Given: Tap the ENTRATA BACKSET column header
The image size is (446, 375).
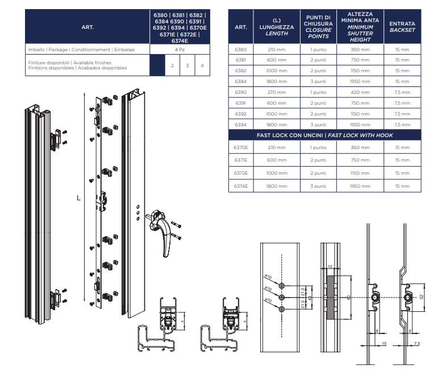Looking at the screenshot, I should (x=402, y=26).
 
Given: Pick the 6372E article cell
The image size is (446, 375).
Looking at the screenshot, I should (x=241, y=173).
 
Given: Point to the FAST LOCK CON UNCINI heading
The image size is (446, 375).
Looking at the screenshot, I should (x=324, y=135).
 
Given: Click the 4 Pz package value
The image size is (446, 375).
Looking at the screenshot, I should (x=179, y=51).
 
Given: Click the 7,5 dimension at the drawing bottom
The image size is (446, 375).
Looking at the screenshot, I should (x=418, y=344).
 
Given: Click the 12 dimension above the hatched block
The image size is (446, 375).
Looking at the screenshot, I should (x=329, y=266).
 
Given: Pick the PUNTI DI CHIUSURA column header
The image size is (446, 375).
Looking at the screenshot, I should (x=318, y=26).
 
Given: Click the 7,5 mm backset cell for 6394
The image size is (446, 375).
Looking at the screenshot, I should (x=402, y=125).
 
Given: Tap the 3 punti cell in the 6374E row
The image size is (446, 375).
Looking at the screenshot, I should (x=318, y=186).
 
